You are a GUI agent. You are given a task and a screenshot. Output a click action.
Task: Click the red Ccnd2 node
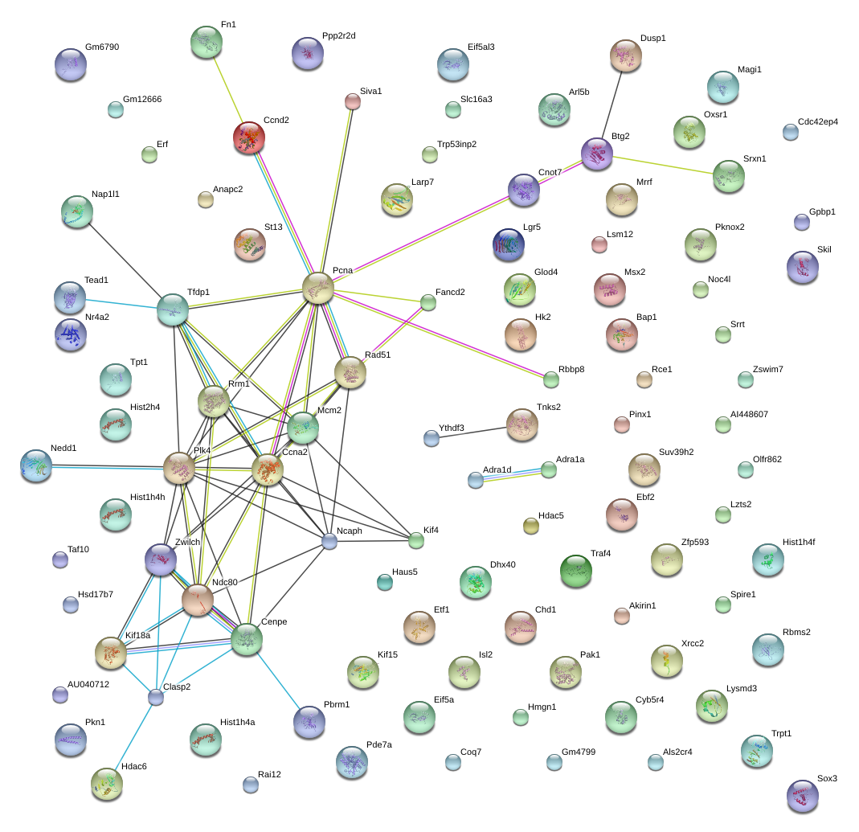click(x=249, y=137)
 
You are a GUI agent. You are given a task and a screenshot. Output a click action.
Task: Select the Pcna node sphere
click(x=317, y=288)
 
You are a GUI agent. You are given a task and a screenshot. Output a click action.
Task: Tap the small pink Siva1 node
click(x=352, y=101)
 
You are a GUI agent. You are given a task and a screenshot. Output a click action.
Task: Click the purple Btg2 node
click(x=596, y=154)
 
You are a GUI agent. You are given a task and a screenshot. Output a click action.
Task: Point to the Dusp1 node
click(x=626, y=56)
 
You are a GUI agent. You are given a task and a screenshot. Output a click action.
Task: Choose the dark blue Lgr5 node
click(x=509, y=244)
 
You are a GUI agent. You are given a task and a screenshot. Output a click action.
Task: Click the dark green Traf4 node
click(x=576, y=571)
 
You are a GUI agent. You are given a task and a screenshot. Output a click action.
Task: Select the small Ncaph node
click(x=329, y=542)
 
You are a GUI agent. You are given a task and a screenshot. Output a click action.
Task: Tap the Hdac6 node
click(x=107, y=784)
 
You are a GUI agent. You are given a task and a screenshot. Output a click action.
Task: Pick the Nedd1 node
click(x=36, y=466)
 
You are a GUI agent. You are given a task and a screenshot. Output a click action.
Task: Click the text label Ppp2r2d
click(x=338, y=35)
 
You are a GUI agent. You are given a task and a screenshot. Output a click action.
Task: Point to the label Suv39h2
click(x=676, y=452)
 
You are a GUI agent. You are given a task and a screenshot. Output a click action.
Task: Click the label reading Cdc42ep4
click(x=817, y=121)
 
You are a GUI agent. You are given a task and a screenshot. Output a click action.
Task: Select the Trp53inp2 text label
click(x=456, y=144)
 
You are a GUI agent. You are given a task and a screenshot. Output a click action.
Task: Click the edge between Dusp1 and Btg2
click(x=612, y=105)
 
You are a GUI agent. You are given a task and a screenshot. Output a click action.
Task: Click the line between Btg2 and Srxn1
click(x=663, y=166)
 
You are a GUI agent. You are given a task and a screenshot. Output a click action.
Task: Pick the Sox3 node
click(x=803, y=796)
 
